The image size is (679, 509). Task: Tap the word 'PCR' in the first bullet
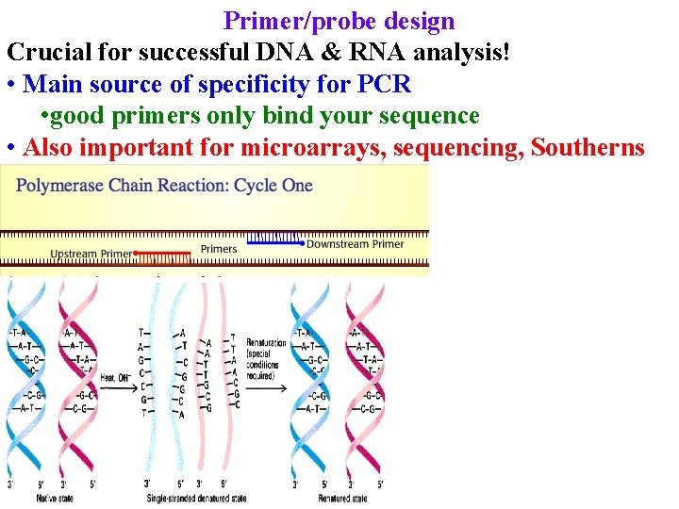385,84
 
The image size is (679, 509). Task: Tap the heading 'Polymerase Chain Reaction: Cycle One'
164,186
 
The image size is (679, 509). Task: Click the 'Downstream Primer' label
355,244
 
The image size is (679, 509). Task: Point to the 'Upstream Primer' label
91,254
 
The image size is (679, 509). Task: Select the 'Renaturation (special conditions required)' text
266,357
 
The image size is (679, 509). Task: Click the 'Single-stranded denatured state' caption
192,498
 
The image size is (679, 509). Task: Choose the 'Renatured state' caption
343,498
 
